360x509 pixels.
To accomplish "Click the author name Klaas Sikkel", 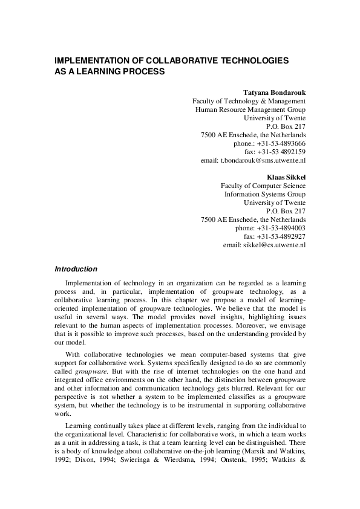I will pyautogui.click(x=286, y=177).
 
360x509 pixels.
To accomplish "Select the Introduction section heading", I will pyautogui.click(x=76, y=269).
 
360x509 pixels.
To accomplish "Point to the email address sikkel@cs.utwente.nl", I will pyautogui.click(x=273, y=245).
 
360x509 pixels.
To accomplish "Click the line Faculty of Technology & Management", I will pyautogui.click(x=249, y=101).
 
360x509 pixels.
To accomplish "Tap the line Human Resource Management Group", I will pyautogui.click(x=250, y=109).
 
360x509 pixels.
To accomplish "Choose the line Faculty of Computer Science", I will pyautogui.click(x=263, y=186).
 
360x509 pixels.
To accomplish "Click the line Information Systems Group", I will pyautogui.click(x=265, y=194).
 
